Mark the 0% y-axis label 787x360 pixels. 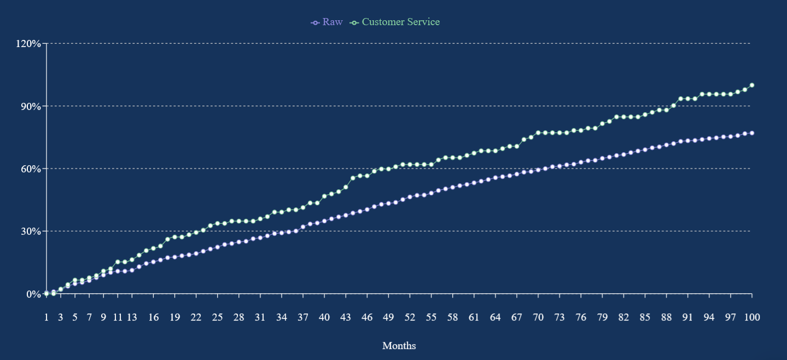[x=34, y=294]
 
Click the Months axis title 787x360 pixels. [x=399, y=346]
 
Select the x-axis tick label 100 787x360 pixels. [x=752, y=317]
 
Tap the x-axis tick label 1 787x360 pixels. [x=46, y=317]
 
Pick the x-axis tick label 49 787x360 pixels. [x=388, y=317]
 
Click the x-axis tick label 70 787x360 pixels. [x=538, y=317]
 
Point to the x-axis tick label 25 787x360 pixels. [x=218, y=317]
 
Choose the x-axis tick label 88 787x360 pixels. [x=666, y=317]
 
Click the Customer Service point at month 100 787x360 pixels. [x=752, y=85]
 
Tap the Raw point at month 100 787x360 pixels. [x=752, y=133]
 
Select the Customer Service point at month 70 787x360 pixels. [x=538, y=132]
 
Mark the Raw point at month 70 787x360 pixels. [x=538, y=170]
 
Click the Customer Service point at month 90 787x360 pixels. [x=680, y=98]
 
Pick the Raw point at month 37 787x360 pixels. [x=303, y=227]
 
